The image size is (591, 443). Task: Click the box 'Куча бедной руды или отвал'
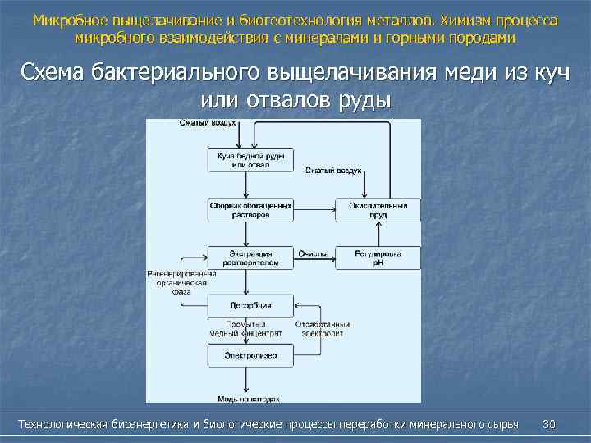tap(250, 160)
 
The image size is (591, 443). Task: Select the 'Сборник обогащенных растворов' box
tap(250, 210)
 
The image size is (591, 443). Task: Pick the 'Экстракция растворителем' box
tap(250, 258)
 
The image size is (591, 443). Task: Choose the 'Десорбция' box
tap(250, 306)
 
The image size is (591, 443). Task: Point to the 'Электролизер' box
tap(250, 355)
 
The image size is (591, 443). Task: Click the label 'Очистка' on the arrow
tap(314, 253)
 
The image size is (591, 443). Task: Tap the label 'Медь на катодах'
tap(249, 400)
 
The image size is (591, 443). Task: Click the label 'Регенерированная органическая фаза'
tap(181, 281)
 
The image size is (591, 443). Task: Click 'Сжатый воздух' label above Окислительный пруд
tap(333, 171)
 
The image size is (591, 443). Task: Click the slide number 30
tap(549, 424)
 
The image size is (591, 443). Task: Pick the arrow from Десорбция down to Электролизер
tap(249, 331)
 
